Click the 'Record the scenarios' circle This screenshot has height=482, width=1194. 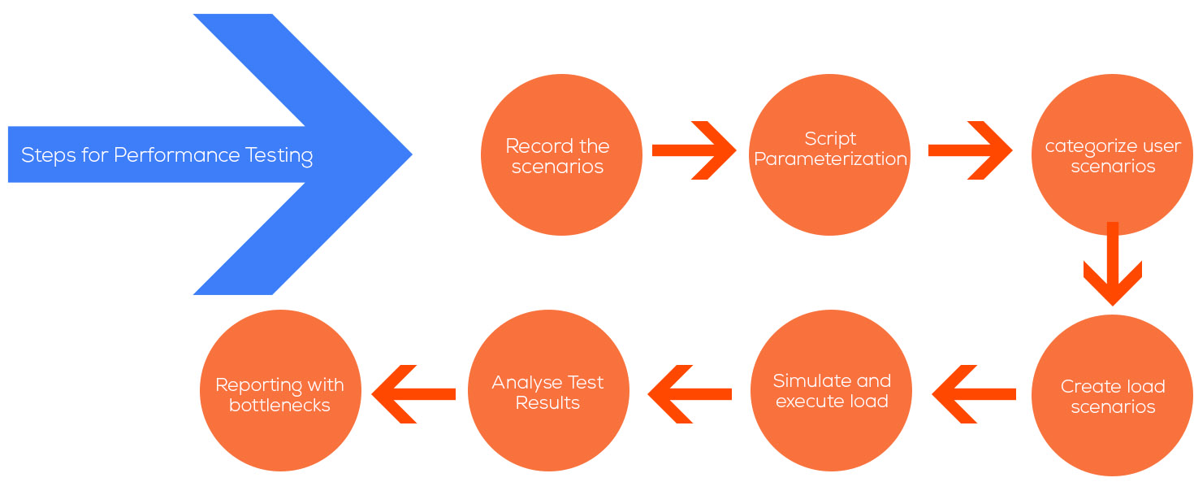click(x=561, y=154)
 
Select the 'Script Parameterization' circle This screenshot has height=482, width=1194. click(x=829, y=154)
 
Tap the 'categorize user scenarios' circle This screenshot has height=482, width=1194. click(x=1113, y=154)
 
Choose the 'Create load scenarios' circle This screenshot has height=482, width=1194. click(x=1113, y=395)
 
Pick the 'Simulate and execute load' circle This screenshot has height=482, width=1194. click(x=831, y=390)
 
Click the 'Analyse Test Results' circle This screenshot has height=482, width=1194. click(x=548, y=390)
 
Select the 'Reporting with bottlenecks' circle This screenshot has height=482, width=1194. click(x=280, y=390)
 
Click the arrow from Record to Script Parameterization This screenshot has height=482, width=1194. click(x=694, y=150)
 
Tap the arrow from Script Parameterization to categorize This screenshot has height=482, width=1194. click(x=970, y=150)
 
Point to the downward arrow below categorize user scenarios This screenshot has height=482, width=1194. click(x=1113, y=263)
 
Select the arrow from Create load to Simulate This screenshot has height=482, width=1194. click(x=974, y=394)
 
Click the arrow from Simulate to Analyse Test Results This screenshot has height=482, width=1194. click(x=690, y=394)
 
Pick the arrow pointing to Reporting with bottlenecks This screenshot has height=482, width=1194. click(x=413, y=394)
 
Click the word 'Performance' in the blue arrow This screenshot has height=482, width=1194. click(x=176, y=156)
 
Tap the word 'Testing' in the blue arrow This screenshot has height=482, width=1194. click(x=279, y=156)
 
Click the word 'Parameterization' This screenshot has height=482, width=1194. click(x=830, y=158)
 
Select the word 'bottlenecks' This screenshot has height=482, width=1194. click(x=280, y=406)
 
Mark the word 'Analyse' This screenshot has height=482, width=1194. click(x=526, y=383)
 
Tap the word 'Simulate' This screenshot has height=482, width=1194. click(x=803, y=380)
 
